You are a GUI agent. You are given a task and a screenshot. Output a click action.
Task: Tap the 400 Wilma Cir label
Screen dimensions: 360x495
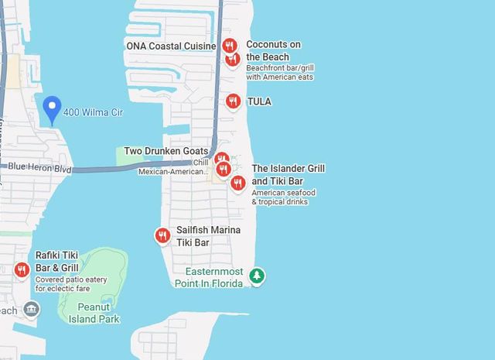pos(93,112)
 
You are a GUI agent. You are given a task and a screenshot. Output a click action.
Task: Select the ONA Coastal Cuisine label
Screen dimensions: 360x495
pos(171,46)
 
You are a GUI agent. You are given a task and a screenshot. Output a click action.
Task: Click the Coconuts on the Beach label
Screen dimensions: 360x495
pos(273,51)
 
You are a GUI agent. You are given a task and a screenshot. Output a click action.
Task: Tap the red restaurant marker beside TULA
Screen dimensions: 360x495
pos(233,101)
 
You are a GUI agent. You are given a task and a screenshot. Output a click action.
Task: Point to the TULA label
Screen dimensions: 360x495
pos(259,101)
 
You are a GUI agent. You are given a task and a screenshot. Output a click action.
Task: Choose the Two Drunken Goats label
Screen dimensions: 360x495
pos(166,151)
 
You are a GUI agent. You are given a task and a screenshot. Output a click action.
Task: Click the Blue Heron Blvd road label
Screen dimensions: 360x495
pos(40,167)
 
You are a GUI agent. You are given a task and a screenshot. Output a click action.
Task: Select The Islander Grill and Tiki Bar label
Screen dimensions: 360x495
pos(288,174)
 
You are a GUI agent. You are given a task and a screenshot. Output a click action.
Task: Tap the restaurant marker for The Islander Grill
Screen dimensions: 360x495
pos(238,183)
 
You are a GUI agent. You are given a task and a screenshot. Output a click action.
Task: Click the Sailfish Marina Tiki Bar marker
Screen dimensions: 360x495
pos(162,235)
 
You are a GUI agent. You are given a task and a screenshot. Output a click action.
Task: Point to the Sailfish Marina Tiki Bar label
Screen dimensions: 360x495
pos(208,236)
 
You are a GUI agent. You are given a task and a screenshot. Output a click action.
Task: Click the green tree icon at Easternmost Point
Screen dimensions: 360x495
pos(256,275)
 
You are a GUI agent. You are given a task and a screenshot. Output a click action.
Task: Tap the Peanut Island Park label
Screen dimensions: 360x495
pos(94,313)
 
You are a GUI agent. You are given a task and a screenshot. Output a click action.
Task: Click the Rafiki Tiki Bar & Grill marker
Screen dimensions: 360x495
pos(22,269)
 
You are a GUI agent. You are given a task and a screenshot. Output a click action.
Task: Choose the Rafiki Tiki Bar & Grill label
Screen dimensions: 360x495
pos(57,262)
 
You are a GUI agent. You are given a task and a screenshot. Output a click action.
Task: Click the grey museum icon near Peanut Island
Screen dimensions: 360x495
pos(31,310)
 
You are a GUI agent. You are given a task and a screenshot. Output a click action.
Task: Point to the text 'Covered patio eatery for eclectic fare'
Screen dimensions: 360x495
pos(71,284)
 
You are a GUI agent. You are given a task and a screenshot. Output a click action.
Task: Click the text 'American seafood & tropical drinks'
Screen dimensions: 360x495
pos(284,197)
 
